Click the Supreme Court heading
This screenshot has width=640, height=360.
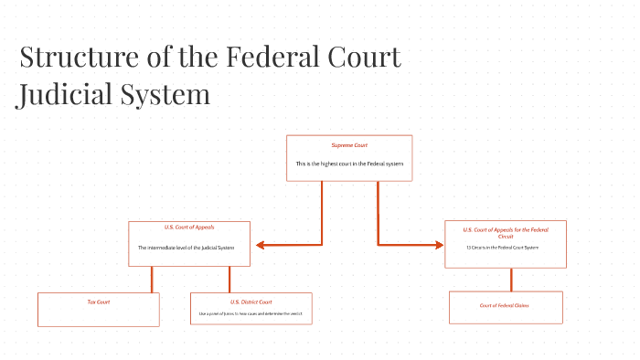349,145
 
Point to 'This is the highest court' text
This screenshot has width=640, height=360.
349,164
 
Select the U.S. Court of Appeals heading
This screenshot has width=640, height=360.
189,227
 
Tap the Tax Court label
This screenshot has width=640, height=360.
98,302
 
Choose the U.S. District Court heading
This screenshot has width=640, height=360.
251,302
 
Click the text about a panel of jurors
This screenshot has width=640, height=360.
251,313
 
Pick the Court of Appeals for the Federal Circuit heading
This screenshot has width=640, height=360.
506,232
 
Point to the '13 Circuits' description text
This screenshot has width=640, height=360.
503,248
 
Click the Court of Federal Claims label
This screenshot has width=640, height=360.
505,305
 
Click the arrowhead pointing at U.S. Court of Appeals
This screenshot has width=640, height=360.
261,245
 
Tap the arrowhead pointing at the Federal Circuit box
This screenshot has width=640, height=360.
437,245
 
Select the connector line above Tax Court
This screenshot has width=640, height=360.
152,279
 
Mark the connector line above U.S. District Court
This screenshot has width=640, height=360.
229,279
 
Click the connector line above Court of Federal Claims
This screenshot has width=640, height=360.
511,280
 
